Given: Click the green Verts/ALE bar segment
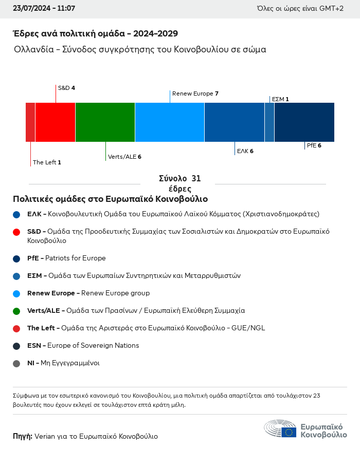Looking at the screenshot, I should tap(105, 122).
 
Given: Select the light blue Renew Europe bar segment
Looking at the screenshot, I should tap(170, 122).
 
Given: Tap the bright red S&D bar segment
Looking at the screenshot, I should tap(55, 122).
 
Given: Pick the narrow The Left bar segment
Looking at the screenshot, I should tap(30, 122).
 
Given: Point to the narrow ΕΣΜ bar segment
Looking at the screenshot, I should tap(269, 122).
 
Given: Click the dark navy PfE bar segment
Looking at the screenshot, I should tap(304, 122).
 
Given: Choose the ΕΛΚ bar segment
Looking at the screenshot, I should tap(235, 122).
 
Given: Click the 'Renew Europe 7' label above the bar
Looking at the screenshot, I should tap(195, 93).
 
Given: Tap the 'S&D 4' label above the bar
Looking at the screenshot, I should tap(66, 88).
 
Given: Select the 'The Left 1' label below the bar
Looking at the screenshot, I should tap(47, 162).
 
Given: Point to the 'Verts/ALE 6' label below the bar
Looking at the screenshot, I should tap(124, 157).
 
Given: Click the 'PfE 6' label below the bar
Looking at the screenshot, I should tap(314, 145).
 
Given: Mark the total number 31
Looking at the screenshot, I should tap(196, 179).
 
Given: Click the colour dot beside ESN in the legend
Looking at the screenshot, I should tap(16, 346).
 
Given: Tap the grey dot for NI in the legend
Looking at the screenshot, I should tap(16, 364).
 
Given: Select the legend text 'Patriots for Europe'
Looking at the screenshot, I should tap(76, 258).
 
